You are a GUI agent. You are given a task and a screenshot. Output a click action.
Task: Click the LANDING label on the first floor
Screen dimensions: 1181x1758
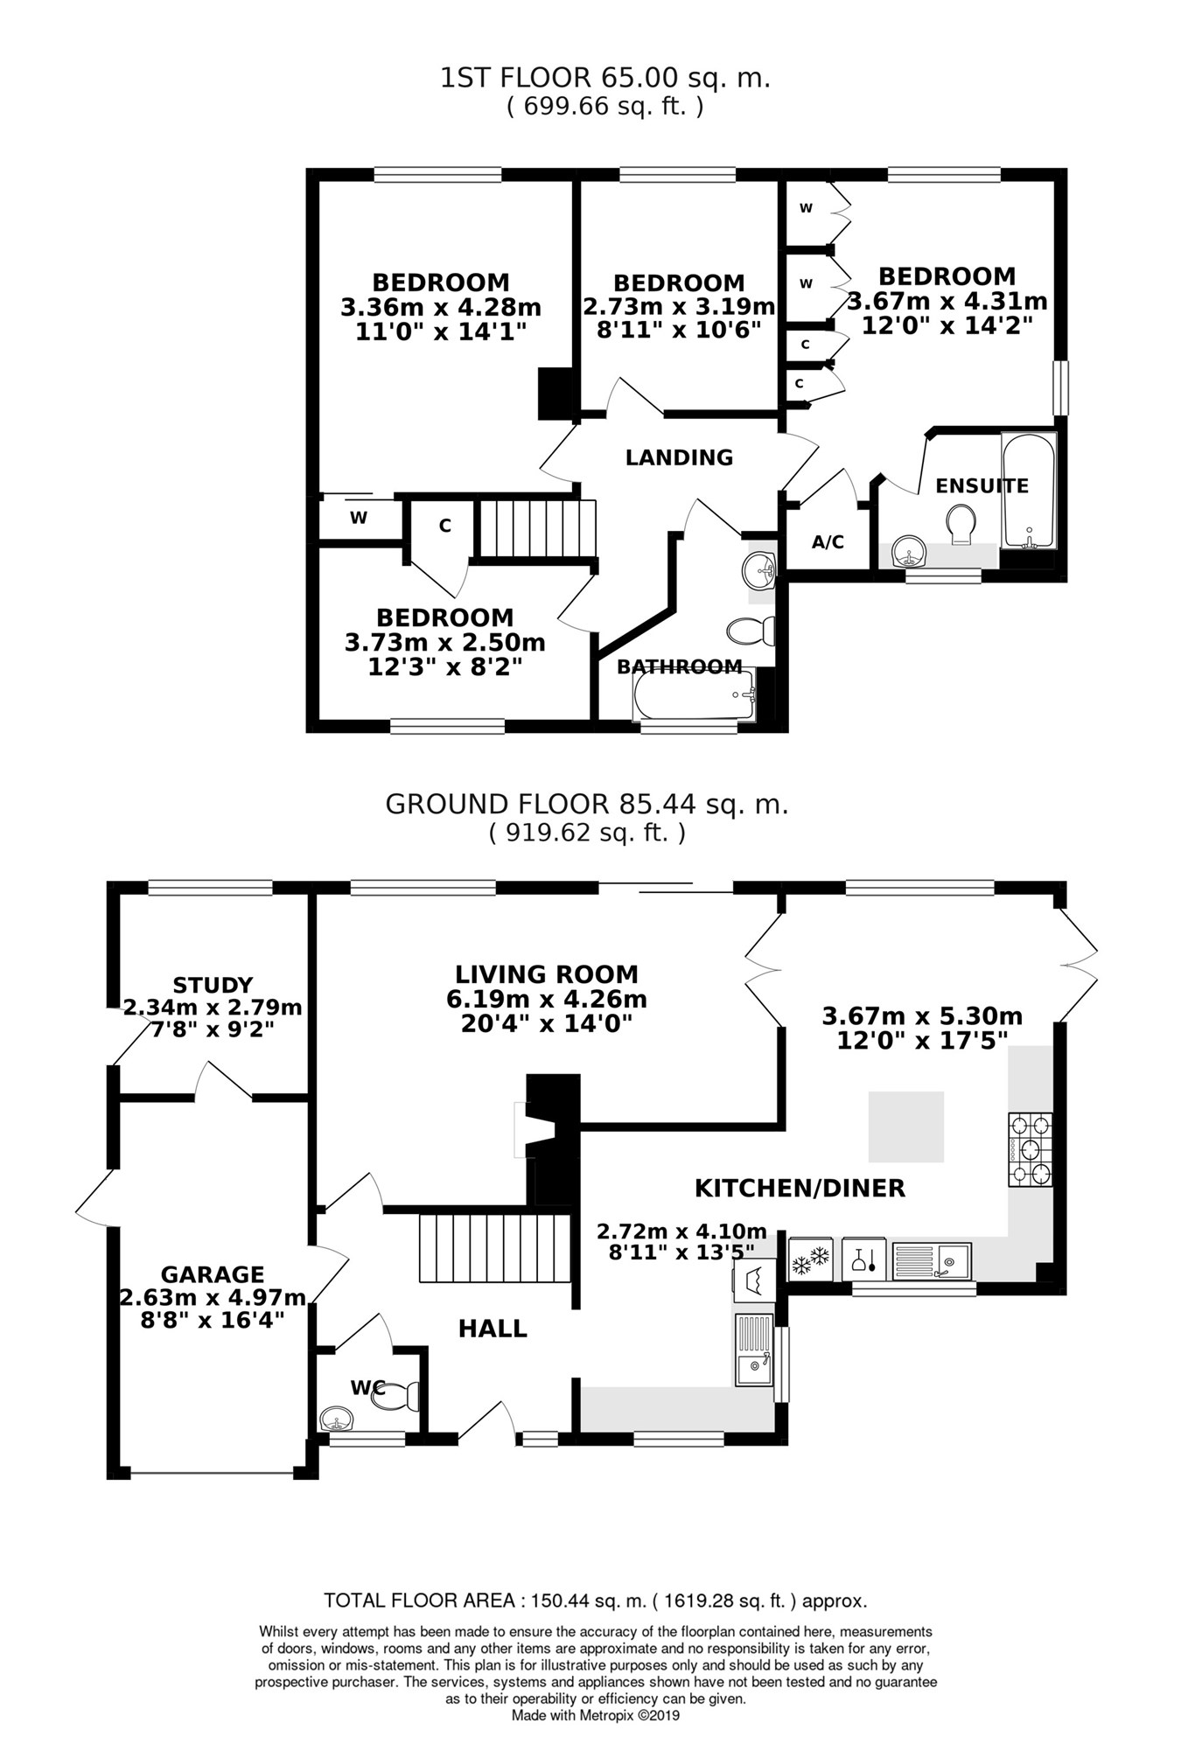[679, 457]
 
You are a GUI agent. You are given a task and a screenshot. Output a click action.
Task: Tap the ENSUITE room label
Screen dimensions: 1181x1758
[982, 486]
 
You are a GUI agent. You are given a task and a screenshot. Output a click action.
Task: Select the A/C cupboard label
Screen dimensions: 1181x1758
[828, 542]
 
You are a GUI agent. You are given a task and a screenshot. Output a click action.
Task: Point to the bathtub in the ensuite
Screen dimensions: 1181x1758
[1029, 490]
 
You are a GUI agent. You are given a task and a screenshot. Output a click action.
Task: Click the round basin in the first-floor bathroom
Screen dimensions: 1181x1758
[758, 572]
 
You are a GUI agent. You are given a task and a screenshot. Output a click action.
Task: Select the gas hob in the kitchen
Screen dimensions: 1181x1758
[1031, 1149]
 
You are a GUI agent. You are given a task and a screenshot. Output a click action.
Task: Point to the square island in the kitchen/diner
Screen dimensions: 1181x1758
[905, 1127]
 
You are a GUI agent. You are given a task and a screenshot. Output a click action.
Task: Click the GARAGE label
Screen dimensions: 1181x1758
[212, 1275]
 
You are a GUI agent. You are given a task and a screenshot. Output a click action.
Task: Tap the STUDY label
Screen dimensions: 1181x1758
[213, 986]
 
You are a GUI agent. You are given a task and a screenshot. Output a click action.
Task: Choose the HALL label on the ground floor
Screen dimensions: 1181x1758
[493, 1329]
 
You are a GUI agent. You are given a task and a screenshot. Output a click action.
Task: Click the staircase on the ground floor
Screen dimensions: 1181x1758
[494, 1247]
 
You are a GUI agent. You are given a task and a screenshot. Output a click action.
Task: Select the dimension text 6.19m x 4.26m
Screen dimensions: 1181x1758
[546, 999]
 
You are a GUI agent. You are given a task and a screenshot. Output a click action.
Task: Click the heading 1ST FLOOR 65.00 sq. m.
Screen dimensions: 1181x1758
[604, 79]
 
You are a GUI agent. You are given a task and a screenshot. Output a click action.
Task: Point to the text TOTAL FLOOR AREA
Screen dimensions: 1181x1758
[419, 1601]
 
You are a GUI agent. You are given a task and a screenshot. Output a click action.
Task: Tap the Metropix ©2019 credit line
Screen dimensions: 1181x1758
[595, 1716]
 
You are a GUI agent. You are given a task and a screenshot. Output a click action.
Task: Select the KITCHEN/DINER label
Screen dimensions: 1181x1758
[800, 1188]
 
